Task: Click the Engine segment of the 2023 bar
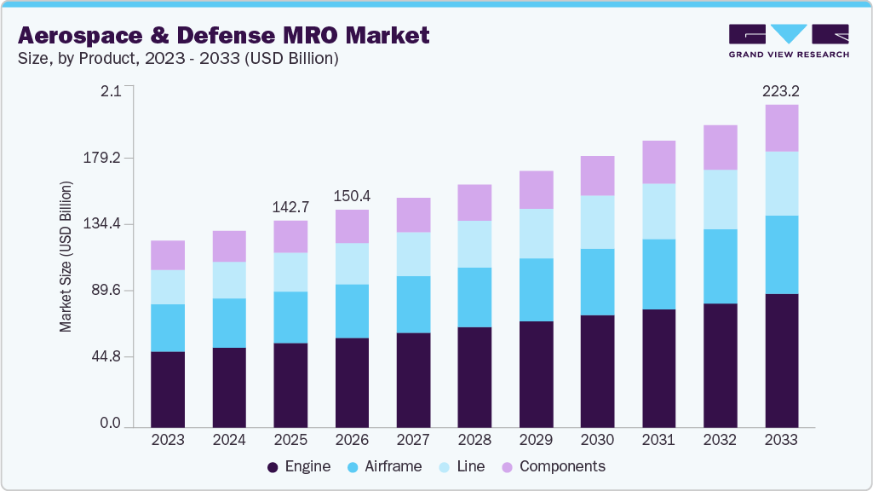[168, 389]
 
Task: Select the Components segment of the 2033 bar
[781, 128]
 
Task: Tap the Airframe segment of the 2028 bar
[474, 297]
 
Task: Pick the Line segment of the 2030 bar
[597, 222]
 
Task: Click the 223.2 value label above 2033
[782, 90]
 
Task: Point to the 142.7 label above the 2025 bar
[290, 206]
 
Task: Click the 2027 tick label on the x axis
[413, 440]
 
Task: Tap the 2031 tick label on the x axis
[658, 440]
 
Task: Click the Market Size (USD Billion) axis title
[66, 257]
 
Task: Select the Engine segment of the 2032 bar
[720, 365]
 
